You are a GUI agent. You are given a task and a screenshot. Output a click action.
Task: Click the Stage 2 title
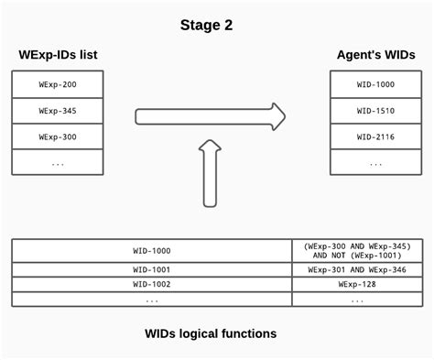coord(206,25)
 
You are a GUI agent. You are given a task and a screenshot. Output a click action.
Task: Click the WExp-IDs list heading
coord(58,55)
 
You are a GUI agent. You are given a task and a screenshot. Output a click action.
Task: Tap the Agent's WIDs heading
coord(375,55)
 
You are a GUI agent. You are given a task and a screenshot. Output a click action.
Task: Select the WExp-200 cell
coord(57,84)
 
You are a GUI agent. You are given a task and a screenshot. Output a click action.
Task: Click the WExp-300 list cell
coord(57,136)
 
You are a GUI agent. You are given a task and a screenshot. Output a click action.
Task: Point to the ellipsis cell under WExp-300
coord(57,162)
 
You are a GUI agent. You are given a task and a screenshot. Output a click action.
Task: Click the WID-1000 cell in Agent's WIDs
coord(376,84)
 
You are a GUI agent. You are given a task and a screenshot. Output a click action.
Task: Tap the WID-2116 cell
coord(376,136)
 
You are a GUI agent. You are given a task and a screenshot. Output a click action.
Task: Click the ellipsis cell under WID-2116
coord(376,162)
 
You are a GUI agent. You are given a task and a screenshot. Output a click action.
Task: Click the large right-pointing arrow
coord(211,115)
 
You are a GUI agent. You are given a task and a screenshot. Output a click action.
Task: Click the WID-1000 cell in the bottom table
coord(151,250)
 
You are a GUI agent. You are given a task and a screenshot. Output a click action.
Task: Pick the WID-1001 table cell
coord(151,270)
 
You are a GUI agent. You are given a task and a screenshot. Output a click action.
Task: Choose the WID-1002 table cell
coord(151,285)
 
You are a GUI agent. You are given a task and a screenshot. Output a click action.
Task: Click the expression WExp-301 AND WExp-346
coord(356,270)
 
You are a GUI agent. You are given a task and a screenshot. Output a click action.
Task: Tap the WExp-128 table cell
coord(356,285)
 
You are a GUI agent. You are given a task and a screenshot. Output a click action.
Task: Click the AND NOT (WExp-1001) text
coord(356,256)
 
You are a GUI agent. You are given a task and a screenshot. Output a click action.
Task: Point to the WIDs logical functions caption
coord(211,333)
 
